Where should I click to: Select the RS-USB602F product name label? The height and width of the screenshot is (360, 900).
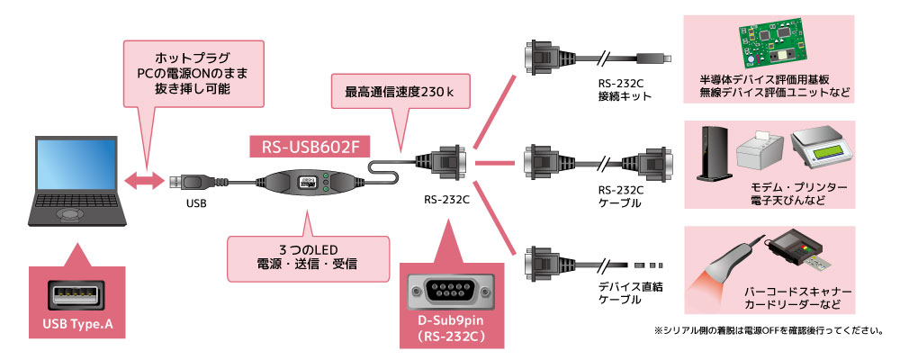click(310, 143)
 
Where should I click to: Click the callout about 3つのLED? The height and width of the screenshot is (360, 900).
click(307, 255)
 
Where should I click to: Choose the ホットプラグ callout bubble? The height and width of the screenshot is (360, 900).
click(193, 70)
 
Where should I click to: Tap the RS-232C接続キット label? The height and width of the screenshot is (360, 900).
click(620, 91)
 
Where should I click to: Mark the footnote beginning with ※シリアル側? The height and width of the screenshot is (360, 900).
click(768, 330)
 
